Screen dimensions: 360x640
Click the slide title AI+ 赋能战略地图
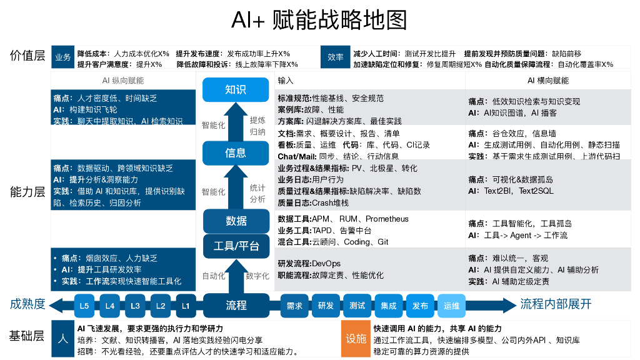(x=319, y=20)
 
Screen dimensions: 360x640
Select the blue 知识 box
(x=234, y=89)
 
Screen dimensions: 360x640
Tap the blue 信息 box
(x=234, y=153)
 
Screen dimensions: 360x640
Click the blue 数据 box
(x=235, y=221)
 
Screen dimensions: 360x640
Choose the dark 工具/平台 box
(x=235, y=246)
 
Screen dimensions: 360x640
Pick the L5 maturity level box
(x=84, y=306)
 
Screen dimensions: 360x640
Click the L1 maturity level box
(x=186, y=306)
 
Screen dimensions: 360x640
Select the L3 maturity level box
(x=135, y=306)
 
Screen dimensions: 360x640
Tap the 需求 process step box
(x=294, y=306)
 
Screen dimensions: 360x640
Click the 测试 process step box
(x=357, y=306)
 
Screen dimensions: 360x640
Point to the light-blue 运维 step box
(x=451, y=306)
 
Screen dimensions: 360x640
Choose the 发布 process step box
(x=420, y=306)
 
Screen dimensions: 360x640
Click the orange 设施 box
(x=356, y=339)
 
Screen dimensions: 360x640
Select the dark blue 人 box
(x=62, y=339)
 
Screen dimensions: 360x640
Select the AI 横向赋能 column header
(x=547, y=81)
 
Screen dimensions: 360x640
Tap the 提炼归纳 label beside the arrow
(x=257, y=126)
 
